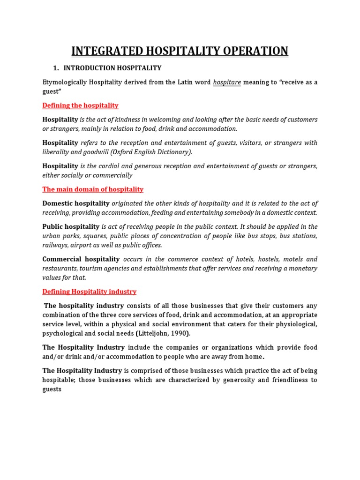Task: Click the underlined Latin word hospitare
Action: tap(227, 82)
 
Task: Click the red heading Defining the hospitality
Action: tap(80, 105)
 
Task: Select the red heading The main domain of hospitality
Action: tap(93, 189)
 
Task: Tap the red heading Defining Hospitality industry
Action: tap(89, 292)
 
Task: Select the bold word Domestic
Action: tap(57, 203)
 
